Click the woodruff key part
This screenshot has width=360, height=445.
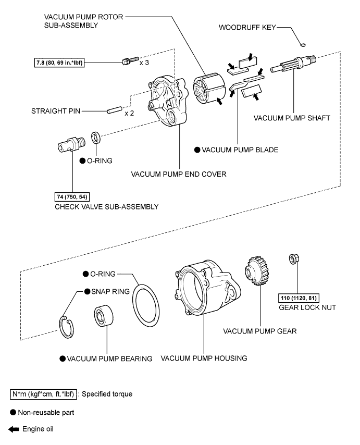[303, 45]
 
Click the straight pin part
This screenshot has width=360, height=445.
[114, 110]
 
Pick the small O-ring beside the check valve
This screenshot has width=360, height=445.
[96, 138]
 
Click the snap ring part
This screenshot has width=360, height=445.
[67, 327]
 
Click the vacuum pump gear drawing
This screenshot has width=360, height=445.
[256, 271]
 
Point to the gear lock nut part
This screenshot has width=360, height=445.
[294, 258]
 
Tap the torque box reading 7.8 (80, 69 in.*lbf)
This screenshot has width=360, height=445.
[59, 63]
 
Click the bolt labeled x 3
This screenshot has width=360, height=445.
[130, 60]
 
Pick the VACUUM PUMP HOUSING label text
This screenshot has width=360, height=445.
[204, 358]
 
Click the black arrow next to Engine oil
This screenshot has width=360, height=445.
[14, 429]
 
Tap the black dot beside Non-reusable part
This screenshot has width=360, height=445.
[13, 412]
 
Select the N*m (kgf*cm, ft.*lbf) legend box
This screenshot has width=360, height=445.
[43, 394]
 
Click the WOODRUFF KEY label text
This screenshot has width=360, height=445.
[247, 28]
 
